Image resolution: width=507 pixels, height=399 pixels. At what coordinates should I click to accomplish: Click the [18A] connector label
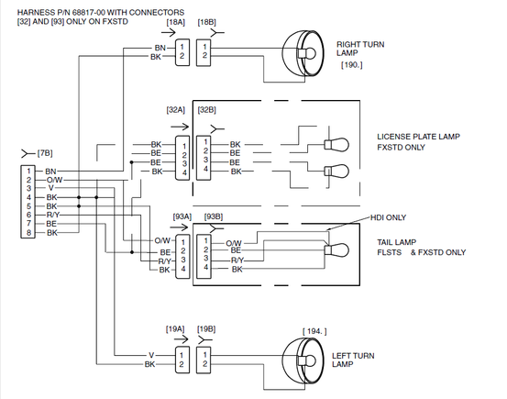pos(176,22)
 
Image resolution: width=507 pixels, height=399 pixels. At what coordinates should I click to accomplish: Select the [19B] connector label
pos(206,329)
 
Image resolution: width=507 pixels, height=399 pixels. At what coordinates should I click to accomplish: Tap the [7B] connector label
pos(45,153)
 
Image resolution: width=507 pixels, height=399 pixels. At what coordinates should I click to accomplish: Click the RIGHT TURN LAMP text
pos(360,49)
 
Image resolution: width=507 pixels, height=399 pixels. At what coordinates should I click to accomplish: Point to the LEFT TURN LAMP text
pos(353,360)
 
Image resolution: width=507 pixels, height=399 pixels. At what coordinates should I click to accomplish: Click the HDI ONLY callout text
pos(388,217)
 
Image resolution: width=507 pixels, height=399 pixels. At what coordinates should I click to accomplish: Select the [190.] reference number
pos(352,65)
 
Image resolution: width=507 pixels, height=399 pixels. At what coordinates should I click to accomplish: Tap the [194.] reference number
pos(314,331)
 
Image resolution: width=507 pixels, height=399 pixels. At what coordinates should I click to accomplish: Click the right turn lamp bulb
pos(306,53)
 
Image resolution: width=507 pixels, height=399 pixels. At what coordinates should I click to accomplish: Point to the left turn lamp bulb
pos(306,360)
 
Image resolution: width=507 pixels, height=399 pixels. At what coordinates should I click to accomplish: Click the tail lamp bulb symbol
pos(336,250)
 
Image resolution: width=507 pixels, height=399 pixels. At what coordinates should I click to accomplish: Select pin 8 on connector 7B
pos(28,232)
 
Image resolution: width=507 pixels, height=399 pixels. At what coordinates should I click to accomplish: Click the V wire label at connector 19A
pos(151,355)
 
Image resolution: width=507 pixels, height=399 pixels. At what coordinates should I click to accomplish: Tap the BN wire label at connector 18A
pos(160,48)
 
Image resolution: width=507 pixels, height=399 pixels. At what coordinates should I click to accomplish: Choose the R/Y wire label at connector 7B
pos(53,215)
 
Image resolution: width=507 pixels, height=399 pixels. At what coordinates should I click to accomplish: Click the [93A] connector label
pos(182,216)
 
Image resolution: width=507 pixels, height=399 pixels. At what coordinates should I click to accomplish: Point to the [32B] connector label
pos(206,110)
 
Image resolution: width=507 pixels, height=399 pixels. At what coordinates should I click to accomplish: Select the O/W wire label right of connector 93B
pos(234,243)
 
